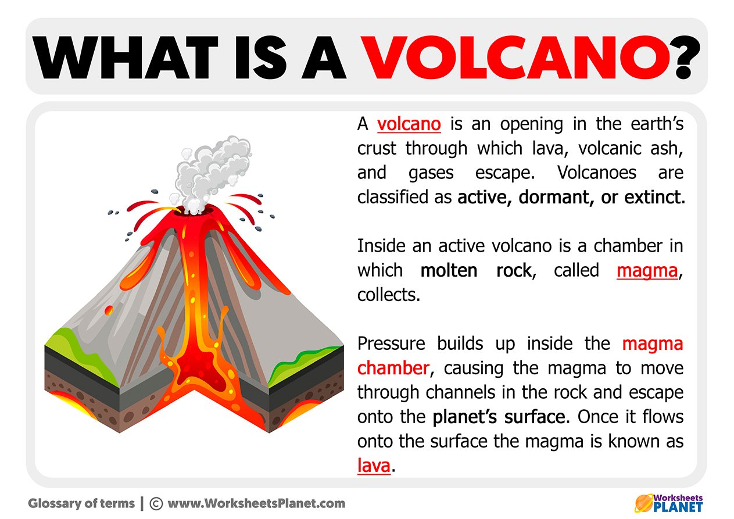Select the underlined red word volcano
click(409, 124)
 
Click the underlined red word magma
click(647, 270)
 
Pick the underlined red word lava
click(373, 466)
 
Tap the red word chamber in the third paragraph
click(392, 368)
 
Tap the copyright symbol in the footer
click(155, 503)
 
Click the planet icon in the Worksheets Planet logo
click(643, 502)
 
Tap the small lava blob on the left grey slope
click(108, 310)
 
